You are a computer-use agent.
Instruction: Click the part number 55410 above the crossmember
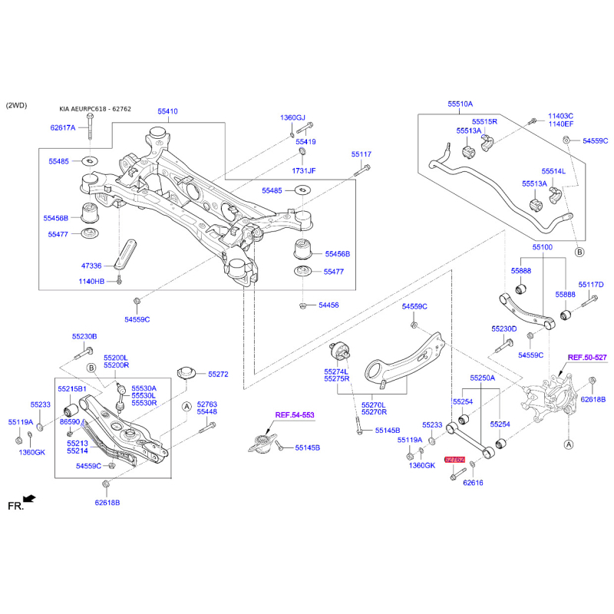(168, 111)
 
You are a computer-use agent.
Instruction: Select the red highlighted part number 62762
(455, 459)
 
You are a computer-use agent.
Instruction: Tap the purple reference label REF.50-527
(587, 358)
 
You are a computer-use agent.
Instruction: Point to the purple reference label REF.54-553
(295, 414)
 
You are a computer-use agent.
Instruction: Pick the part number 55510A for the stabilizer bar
(460, 103)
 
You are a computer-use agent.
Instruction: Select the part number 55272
(218, 375)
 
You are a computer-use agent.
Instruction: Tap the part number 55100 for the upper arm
(543, 247)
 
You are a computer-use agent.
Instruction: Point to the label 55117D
(591, 285)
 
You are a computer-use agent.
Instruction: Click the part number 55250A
(483, 378)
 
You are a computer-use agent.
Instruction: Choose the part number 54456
(328, 305)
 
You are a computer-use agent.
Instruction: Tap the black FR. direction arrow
(29, 499)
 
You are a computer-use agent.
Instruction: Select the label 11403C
(560, 116)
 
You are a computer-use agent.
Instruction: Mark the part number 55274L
(336, 371)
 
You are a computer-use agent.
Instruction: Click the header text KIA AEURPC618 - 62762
(95, 109)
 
